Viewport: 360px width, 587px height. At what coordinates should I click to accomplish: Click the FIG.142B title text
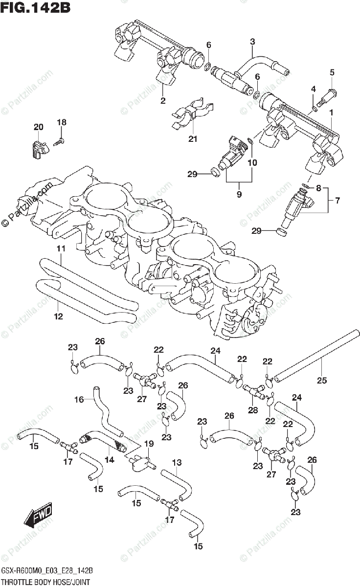pos(34,9)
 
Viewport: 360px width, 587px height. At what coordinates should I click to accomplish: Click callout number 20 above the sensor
pos(39,127)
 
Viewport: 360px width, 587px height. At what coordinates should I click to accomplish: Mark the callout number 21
pos(193,139)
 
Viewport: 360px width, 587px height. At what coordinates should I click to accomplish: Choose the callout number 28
pos(252,410)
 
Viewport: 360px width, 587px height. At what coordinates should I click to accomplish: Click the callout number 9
pos(239,194)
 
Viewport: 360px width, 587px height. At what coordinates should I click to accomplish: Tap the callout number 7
pos(337,200)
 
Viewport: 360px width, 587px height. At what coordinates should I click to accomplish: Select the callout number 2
pos(163,101)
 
